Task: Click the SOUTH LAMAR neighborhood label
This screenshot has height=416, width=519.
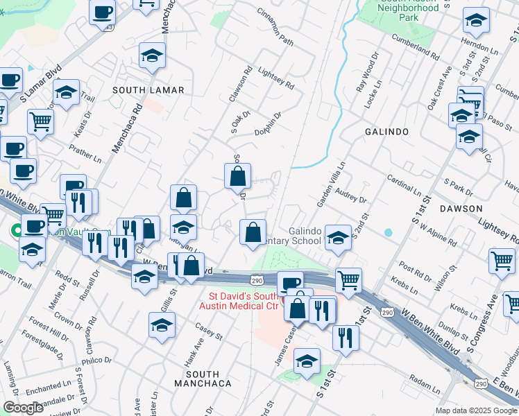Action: click(149, 91)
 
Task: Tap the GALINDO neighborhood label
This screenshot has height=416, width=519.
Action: click(386, 131)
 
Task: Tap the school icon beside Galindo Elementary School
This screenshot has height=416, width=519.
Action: click(337, 237)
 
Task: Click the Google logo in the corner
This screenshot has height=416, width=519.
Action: click(23, 408)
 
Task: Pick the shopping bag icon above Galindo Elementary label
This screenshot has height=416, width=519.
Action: click(253, 232)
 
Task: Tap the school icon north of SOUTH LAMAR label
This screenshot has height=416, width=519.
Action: click(152, 56)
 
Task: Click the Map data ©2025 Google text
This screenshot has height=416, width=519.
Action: click(475, 410)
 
